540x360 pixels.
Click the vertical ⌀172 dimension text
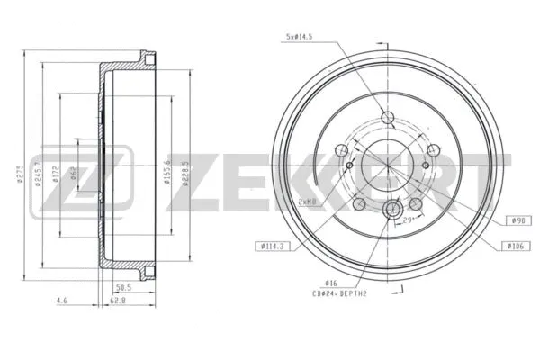click(x=56, y=173)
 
